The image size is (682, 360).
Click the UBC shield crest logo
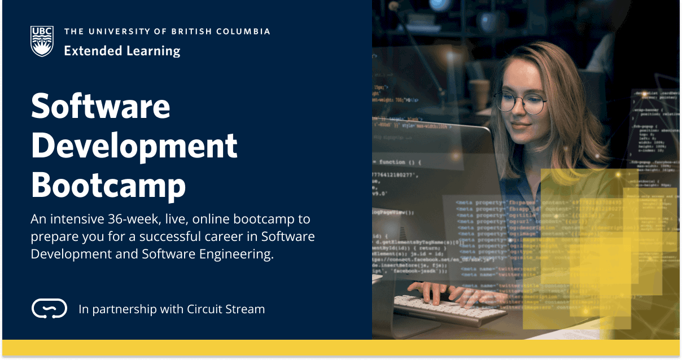pyautogui.click(x=42, y=41)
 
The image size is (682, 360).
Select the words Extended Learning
pyautogui.click(x=122, y=51)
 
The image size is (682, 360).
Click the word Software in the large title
pyautogui.click(x=100, y=106)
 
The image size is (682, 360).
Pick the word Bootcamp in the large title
pyautogui.click(x=108, y=185)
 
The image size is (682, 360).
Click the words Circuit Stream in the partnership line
pyautogui.click(x=229, y=309)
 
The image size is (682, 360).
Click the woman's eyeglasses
pyautogui.click(x=520, y=103)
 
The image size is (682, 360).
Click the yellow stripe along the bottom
pyautogui.click(x=340, y=348)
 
